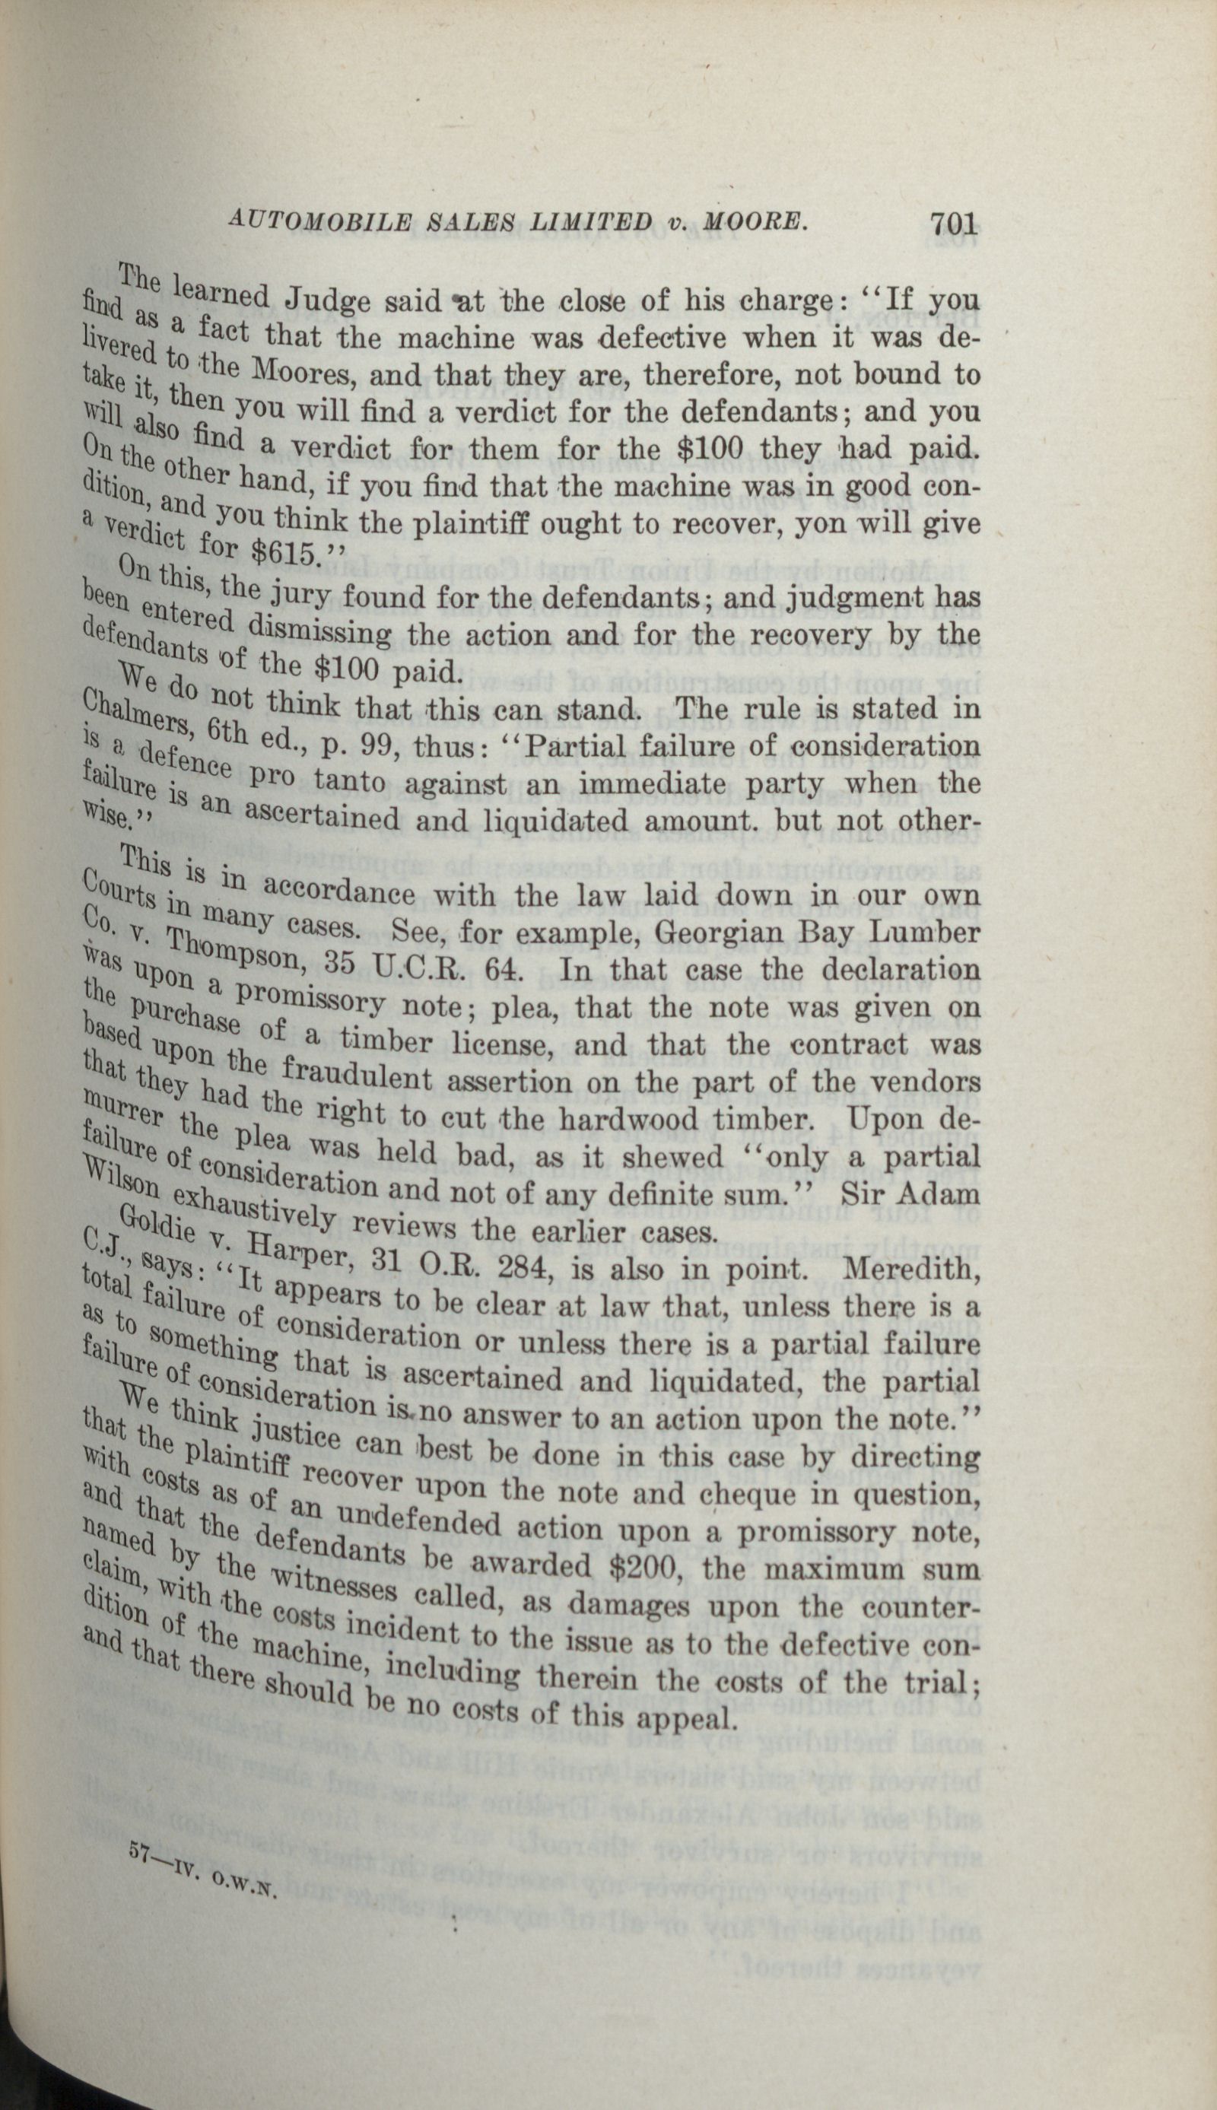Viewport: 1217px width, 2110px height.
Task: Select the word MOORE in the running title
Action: tap(761, 223)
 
